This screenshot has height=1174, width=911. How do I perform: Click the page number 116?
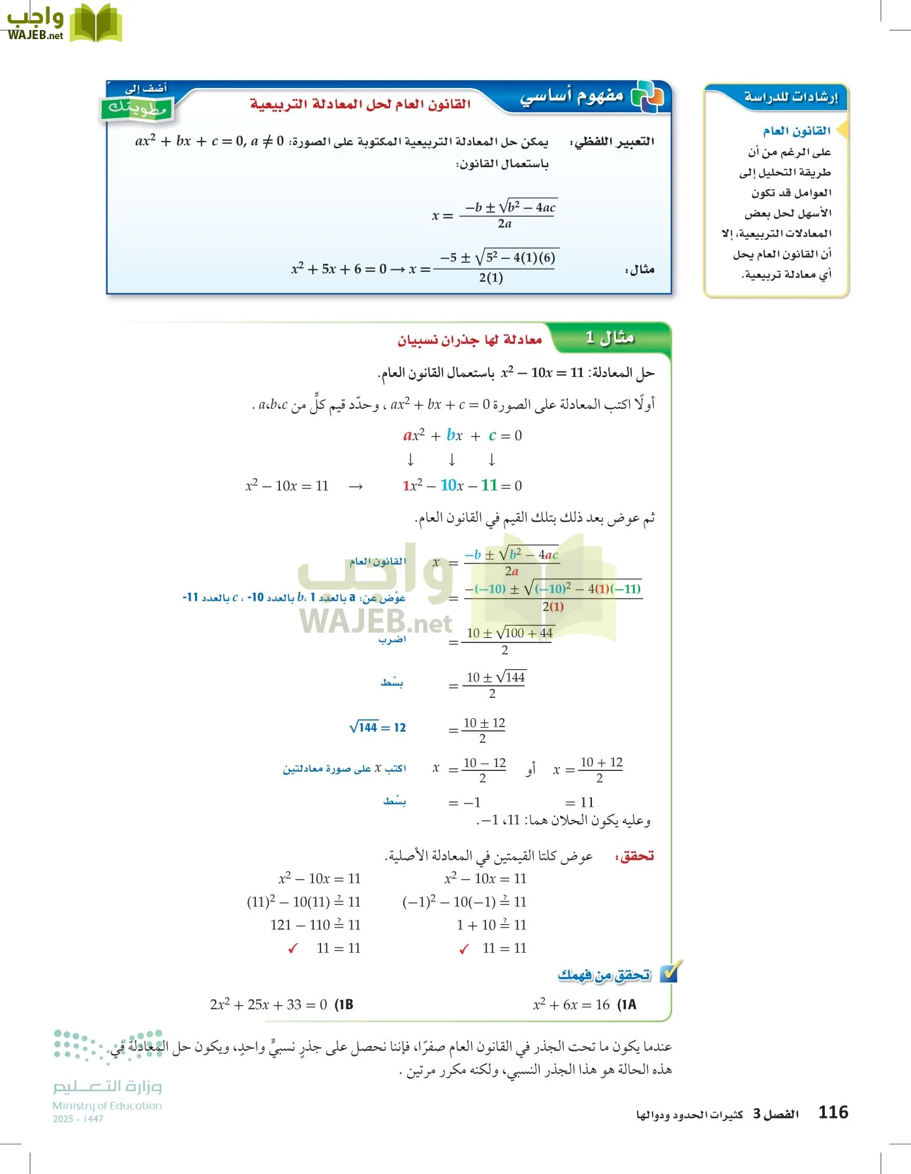coord(833,1112)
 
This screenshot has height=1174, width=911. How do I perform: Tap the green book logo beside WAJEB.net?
coord(95,23)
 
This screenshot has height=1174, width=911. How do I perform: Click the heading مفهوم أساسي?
coord(571,97)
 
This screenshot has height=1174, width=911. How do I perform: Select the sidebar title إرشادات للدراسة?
coord(790,97)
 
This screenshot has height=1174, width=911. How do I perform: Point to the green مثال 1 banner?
coord(610,338)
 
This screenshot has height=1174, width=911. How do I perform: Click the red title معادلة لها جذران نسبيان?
coord(469,340)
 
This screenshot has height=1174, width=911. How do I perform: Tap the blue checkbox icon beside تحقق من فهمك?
coord(670,972)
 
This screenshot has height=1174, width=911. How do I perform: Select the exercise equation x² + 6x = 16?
coord(571,1004)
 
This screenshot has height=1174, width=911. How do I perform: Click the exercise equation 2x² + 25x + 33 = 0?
coord(268,1004)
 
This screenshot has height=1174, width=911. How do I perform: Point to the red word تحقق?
coord(634,856)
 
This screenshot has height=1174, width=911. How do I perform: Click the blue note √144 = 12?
coord(378,727)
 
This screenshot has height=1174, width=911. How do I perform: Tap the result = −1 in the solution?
coord(465,802)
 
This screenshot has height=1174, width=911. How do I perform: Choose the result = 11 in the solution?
coord(579,802)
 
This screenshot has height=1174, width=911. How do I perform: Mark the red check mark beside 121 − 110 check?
coord(292,949)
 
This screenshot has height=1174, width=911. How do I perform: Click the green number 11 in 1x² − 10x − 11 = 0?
coord(489,485)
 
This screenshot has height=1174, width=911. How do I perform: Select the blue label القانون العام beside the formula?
coord(377,562)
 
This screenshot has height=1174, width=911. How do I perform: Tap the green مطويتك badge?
coord(138,108)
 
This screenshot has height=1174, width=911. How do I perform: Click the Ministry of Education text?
coord(107,1106)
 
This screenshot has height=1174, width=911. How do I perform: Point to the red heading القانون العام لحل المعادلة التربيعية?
coord(360,104)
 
